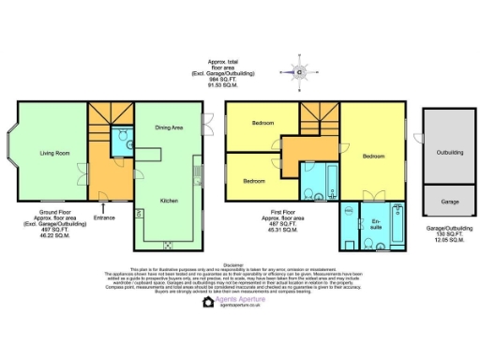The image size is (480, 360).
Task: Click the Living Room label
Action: click(x=53, y=152)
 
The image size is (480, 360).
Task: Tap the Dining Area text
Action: click(x=169, y=127)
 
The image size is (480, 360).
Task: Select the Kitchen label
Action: click(x=169, y=201)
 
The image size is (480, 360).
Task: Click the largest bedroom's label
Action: click(x=373, y=157)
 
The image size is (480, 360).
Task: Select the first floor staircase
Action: click(x=318, y=117)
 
